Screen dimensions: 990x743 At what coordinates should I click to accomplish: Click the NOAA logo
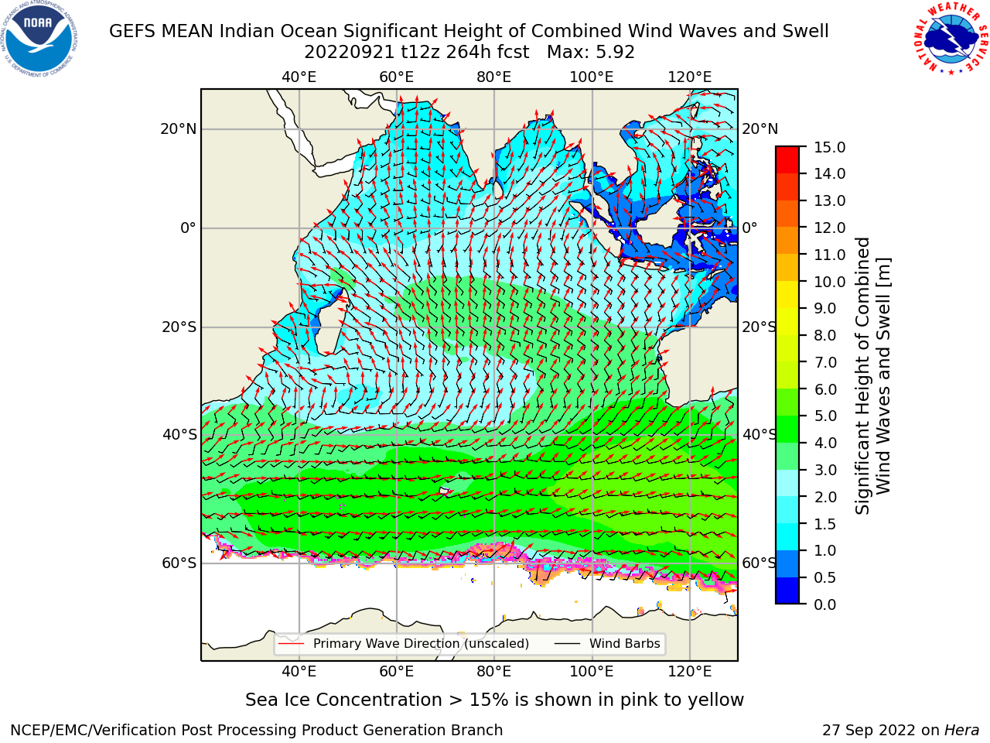coord(39,39)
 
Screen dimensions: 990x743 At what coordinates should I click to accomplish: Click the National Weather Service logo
coord(951,39)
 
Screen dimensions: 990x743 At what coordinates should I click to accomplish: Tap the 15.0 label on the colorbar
coord(829,147)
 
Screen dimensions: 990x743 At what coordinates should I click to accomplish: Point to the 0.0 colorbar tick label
coord(824,604)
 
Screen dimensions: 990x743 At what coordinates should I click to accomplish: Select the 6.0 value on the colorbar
coord(825,389)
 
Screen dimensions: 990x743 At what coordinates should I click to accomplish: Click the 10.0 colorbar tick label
coord(829,282)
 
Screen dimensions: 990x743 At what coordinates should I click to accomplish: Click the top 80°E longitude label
coord(494,77)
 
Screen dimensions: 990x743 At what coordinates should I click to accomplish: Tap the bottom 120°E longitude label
coord(690,671)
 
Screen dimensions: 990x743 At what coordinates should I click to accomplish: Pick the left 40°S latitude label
coord(179,435)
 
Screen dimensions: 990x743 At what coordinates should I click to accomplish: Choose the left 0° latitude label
coord(189,228)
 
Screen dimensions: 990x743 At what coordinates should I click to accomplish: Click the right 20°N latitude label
coord(760,129)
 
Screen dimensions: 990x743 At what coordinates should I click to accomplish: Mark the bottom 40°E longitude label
coord(299,671)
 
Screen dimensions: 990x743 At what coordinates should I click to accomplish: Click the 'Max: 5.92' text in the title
coord(591,53)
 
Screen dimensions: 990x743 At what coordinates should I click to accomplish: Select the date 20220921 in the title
coord(350,53)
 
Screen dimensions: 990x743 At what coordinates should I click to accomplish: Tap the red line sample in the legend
coord(292,644)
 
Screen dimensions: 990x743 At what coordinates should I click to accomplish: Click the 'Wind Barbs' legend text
coord(625,644)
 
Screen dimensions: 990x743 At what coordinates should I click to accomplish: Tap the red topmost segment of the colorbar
coord(787,153)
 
